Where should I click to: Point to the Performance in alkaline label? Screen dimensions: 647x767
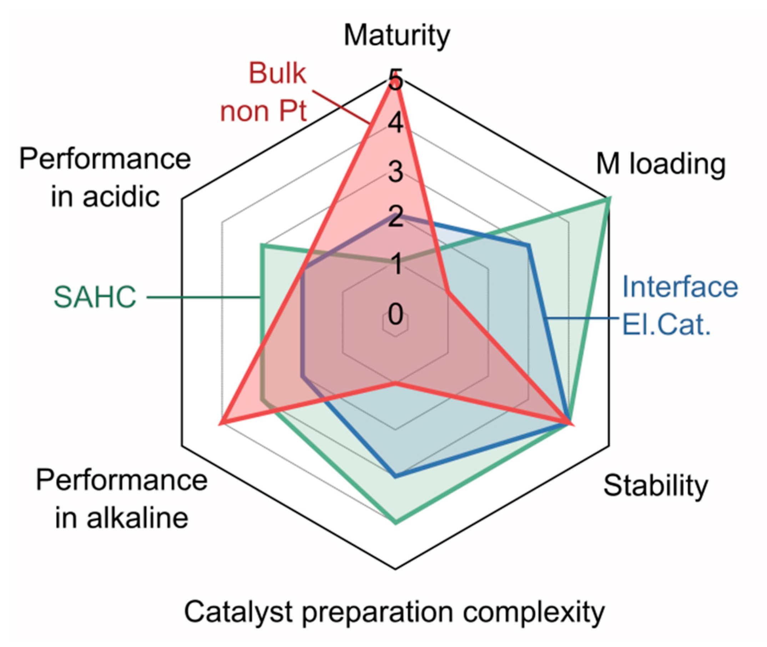(121, 499)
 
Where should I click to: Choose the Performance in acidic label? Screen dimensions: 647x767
(105, 178)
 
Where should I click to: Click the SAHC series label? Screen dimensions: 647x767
(95, 297)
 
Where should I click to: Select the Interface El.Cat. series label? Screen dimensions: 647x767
(680, 306)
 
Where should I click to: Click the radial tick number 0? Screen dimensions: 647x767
(395, 314)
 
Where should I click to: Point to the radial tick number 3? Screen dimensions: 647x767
(395, 172)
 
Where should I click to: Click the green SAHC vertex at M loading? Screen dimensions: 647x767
(609, 199)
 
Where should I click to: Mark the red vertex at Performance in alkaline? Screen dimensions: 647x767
(221, 424)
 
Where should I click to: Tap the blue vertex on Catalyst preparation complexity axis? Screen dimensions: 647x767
(395, 477)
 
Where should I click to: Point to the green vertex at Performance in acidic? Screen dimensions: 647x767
(262, 246)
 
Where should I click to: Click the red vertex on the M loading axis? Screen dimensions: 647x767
(448, 292)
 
